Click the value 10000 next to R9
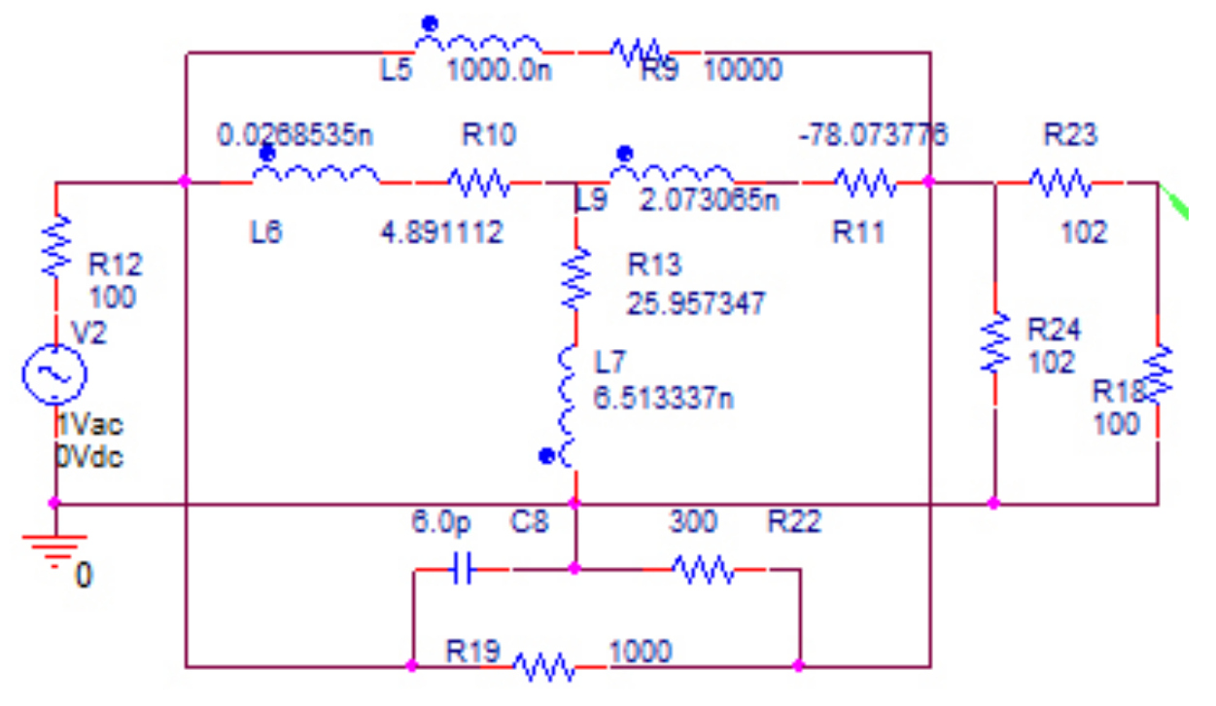(x=742, y=70)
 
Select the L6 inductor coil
(x=317, y=174)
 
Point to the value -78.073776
(x=872, y=134)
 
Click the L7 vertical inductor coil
(x=571, y=402)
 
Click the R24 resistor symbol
(x=994, y=340)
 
